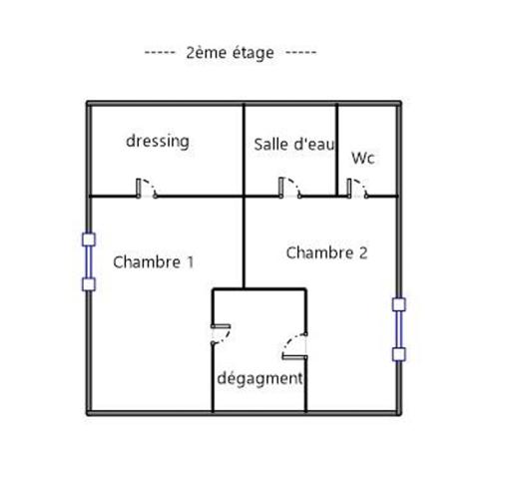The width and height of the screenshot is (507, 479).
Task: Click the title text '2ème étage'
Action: pos(230,53)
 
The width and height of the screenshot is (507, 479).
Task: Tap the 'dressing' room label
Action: pos(158,142)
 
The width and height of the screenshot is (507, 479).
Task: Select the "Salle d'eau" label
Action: pos(294,145)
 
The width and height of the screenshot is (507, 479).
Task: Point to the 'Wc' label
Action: pos(363,158)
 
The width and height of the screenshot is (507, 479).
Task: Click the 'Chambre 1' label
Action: pos(153,262)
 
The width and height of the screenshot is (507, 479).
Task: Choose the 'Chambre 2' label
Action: pos(326,252)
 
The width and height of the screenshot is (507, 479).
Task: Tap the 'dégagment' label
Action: pos(259,378)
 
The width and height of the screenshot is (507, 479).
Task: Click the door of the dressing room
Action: pos(147,189)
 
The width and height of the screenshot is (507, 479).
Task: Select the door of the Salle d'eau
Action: pos(290,188)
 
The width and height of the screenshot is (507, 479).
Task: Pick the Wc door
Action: pos(357,189)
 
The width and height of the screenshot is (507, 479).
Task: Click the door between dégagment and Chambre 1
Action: pos(221,334)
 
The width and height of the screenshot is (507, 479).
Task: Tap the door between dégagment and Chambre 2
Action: pos(294,346)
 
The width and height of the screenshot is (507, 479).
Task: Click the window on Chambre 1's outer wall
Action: pos(89,261)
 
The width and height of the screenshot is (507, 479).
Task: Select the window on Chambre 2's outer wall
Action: pos(399,329)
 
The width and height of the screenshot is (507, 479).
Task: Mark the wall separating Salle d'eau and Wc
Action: pos(336,150)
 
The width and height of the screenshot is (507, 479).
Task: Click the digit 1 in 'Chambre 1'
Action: pos(191,262)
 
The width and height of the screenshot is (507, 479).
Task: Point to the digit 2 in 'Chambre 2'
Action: pos(363,252)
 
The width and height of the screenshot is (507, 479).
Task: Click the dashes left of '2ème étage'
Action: pos(160,53)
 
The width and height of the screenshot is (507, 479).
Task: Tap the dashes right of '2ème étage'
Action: pos(301,53)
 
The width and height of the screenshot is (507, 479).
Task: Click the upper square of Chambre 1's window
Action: pos(89,239)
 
